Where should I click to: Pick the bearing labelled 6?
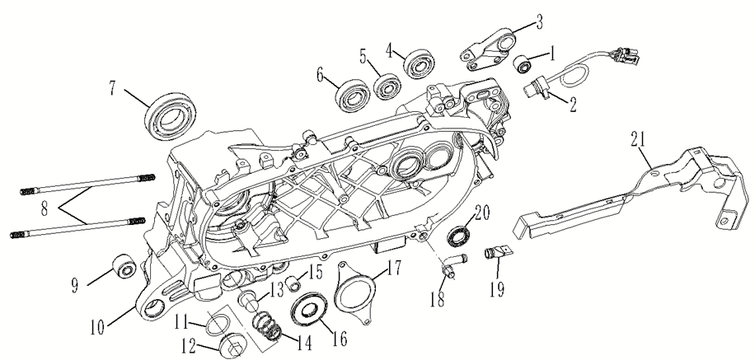(x=353, y=96)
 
